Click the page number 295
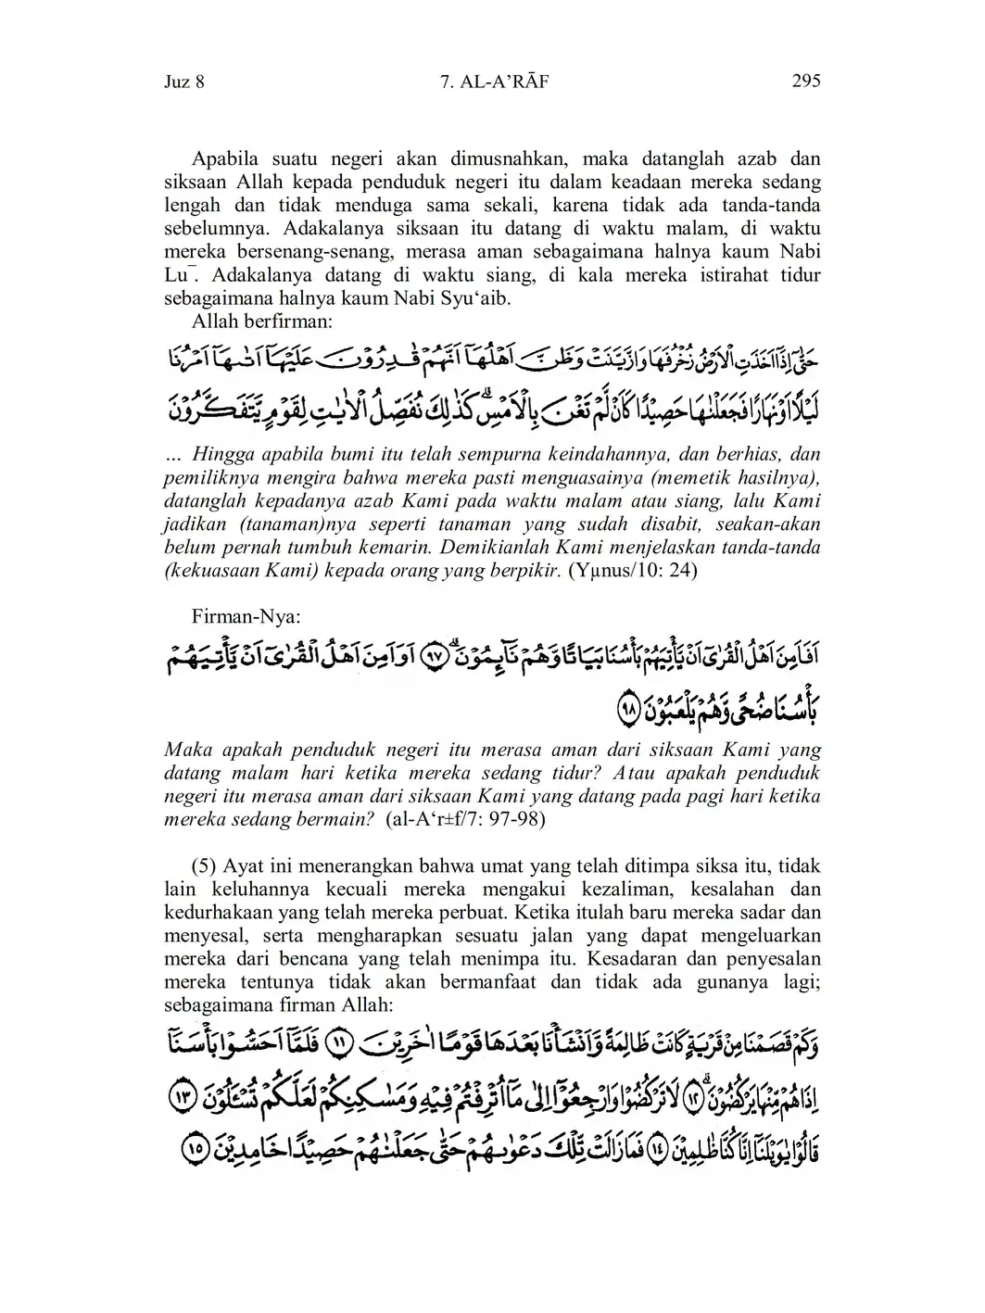806,81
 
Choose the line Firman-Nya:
246,616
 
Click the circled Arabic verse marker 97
434,655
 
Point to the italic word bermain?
340,819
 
